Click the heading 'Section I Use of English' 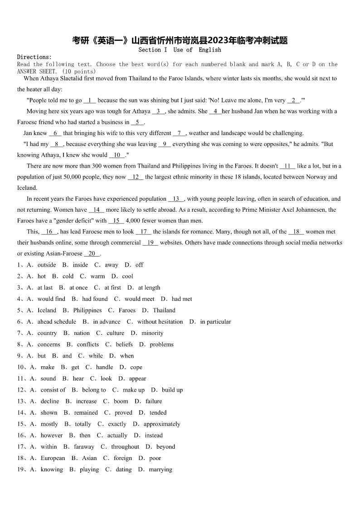[180, 50]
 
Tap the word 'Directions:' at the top [34, 57]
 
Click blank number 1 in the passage [90, 100]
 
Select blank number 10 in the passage [117, 155]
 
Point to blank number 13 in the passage [176, 199]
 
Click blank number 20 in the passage [92, 253]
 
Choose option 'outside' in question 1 [47, 265]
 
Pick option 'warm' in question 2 [97, 276]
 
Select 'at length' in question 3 [149, 287]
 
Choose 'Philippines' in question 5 [88, 310]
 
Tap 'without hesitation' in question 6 [160, 322]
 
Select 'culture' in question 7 [116, 333]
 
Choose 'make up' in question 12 [134, 390]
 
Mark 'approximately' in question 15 [162, 424]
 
